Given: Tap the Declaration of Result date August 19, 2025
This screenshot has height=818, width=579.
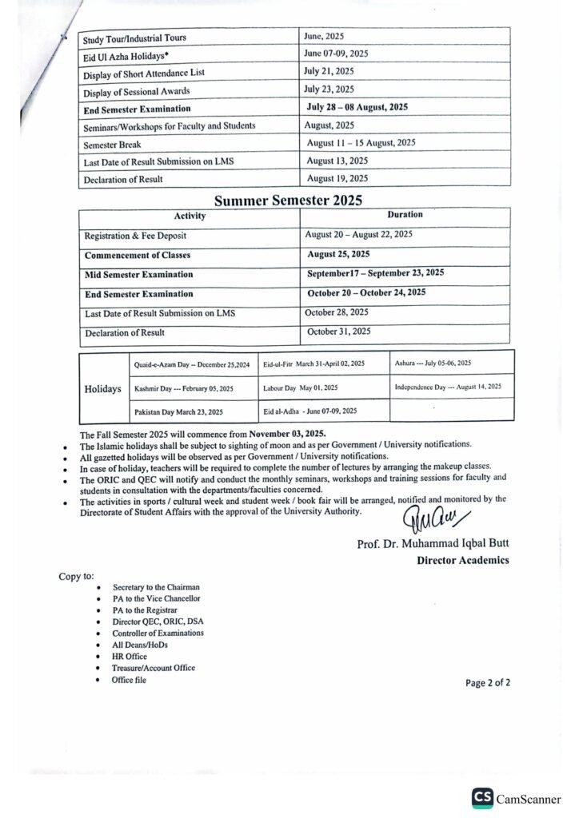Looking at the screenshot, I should click(337, 178).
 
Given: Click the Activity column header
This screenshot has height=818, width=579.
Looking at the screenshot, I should click(190, 216).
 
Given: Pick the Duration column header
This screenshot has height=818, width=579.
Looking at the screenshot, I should click(405, 215).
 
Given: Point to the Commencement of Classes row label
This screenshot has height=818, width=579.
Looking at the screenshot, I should click(138, 256).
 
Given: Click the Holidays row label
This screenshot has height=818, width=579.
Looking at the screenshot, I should click(103, 389).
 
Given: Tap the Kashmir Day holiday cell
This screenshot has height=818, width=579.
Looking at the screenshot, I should click(184, 388).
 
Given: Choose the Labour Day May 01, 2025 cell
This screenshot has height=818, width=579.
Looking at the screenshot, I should click(300, 388).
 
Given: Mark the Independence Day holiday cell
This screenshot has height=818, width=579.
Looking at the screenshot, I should click(448, 387).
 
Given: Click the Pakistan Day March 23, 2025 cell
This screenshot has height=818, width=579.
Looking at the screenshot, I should click(178, 411).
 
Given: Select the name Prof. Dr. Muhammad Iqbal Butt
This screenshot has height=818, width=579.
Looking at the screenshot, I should click(433, 545).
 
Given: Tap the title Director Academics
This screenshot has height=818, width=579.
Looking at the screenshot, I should click(462, 561).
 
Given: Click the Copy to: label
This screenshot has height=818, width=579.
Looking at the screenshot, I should click(76, 575).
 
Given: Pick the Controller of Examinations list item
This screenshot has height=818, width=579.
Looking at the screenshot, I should click(158, 633).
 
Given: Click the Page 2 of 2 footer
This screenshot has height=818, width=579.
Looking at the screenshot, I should click(487, 682).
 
